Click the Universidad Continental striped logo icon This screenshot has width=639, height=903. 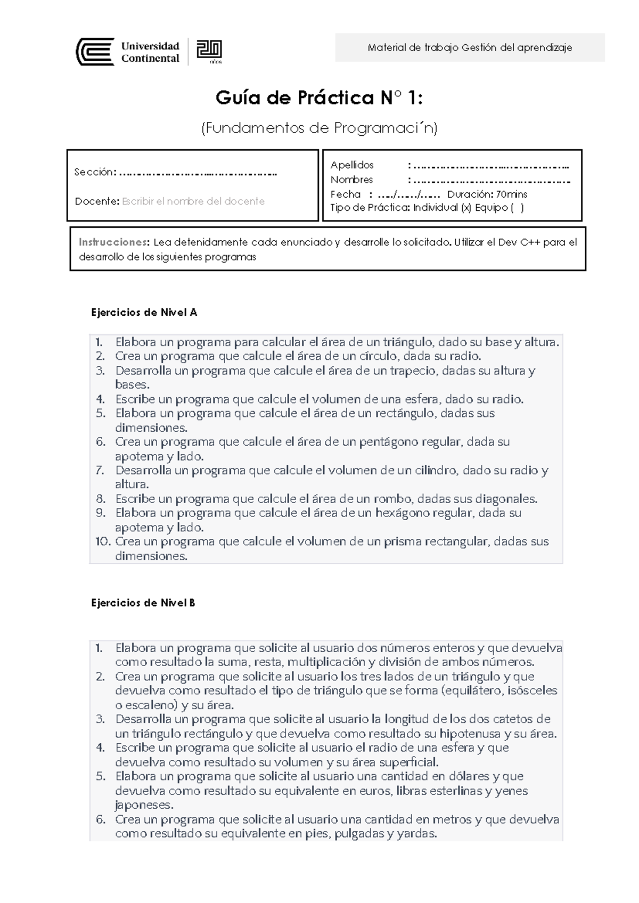(x=95, y=52)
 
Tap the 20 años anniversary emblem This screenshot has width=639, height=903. (x=209, y=52)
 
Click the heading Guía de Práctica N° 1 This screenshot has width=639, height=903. (x=319, y=98)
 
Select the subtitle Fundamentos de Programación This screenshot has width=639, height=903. (x=319, y=128)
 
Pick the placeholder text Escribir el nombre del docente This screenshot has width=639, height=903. (x=193, y=201)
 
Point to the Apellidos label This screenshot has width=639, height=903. (x=352, y=165)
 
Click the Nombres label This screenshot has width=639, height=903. (x=351, y=179)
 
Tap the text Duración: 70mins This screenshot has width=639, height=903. (x=487, y=194)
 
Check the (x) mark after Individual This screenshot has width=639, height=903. (x=466, y=208)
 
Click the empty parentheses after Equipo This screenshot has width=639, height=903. (x=517, y=208)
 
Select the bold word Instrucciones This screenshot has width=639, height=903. (x=113, y=242)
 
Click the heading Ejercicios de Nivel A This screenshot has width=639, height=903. (x=144, y=313)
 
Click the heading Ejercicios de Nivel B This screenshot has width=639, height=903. (x=143, y=603)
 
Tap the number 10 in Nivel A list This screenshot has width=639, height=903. (x=103, y=541)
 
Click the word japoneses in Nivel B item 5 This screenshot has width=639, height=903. (x=144, y=805)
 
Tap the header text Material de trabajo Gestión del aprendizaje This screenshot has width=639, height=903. (x=470, y=48)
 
